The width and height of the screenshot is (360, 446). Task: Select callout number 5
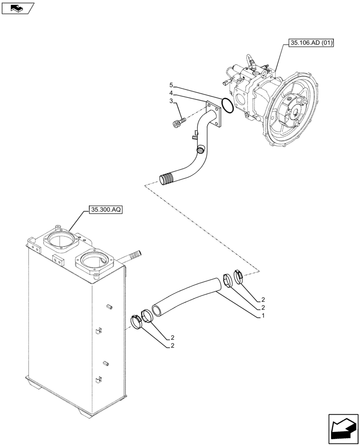pyautogui.click(x=171, y=85)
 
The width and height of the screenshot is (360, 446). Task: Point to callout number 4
pyautogui.click(x=171, y=93)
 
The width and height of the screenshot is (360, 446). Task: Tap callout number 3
pyautogui.click(x=171, y=102)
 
